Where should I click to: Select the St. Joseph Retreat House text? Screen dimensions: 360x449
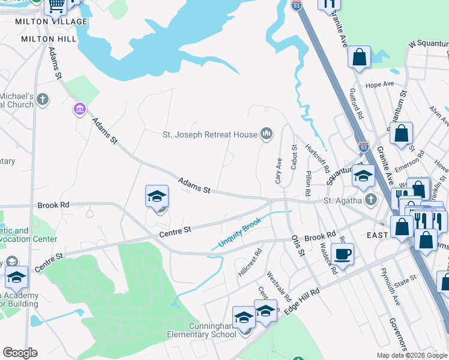point(210,135)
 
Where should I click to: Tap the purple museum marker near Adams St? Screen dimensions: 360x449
point(79,109)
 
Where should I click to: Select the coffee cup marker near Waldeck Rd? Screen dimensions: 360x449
point(342,254)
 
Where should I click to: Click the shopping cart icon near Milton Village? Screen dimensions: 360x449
point(56,6)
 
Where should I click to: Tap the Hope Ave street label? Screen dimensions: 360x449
point(379,85)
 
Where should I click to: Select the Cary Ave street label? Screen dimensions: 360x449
point(279,172)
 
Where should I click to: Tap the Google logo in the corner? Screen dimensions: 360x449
point(20,353)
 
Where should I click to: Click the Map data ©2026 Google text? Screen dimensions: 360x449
point(412,355)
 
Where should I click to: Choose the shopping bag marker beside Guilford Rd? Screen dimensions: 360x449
point(359,58)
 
